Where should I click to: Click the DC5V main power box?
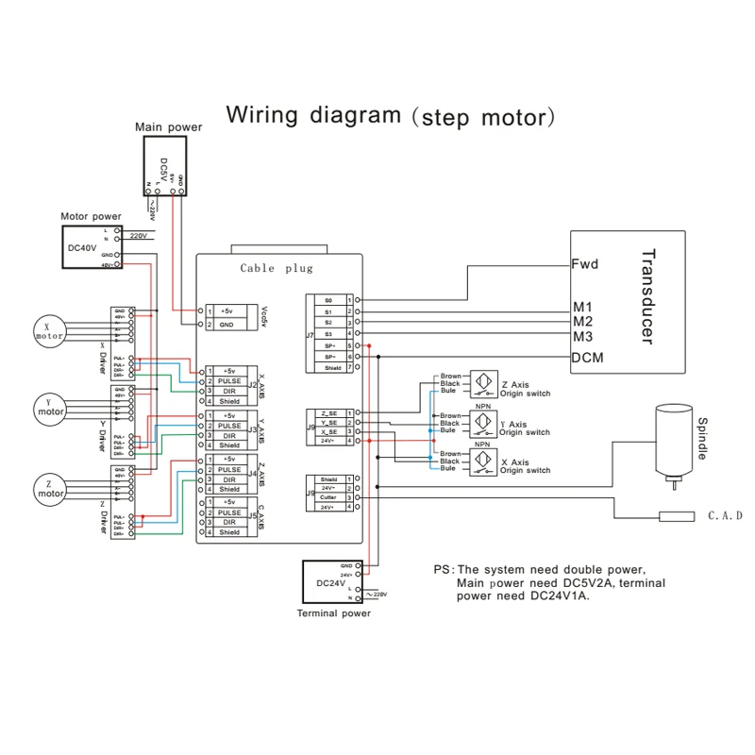[x=165, y=164]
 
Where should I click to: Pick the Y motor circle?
[x=51, y=407]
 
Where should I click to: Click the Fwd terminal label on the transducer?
[x=585, y=265]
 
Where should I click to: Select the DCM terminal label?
[x=586, y=358]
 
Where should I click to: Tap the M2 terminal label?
[x=582, y=322]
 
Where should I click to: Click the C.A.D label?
[x=726, y=516]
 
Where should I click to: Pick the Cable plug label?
[x=276, y=268]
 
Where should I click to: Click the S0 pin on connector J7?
[x=328, y=300]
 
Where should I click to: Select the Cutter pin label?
[x=328, y=497]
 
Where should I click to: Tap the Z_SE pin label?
[x=327, y=414]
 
